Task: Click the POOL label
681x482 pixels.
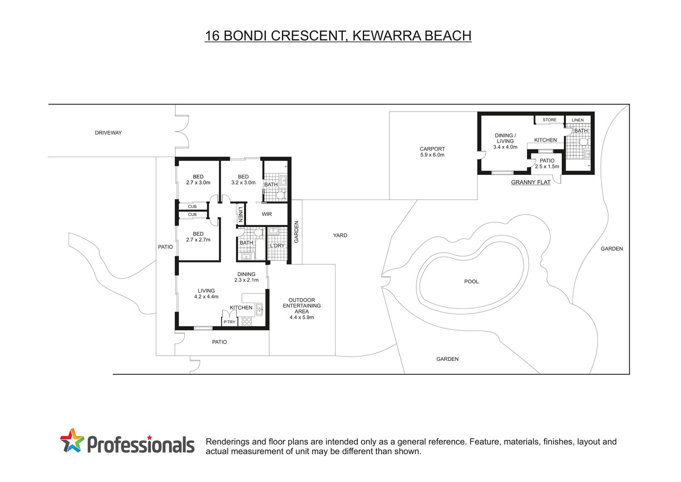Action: pyautogui.click(x=471, y=282)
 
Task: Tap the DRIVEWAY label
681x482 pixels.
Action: pyautogui.click(x=108, y=133)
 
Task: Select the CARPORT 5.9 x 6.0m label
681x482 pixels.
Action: pyautogui.click(x=432, y=152)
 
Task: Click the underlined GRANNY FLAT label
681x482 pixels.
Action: pyautogui.click(x=531, y=182)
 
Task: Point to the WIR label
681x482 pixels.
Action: pyautogui.click(x=266, y=214)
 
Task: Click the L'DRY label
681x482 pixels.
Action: pyautogui.click(x=277, y=246)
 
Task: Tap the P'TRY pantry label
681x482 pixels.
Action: pyautogui.click(x=230, y=322)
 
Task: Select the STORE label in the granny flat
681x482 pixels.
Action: pyautogui.click(x=549, y=120)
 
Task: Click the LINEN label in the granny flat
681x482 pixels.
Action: pyautogui.click(x=577, y=120)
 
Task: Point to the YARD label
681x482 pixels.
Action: pyautogui.click(x=340, y=235)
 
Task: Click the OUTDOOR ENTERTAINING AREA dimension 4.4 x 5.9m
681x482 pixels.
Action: pyautogui.click(x=301, y=318)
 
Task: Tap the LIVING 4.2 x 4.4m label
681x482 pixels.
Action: pyautogui.click(x=206, y=293)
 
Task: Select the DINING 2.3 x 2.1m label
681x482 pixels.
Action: pyautogui.click(x=246, y=277)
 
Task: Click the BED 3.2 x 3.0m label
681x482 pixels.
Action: pyautogui.click(x=243, y=179)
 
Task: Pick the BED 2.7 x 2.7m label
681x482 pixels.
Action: pyautogui.click(x=198, y=237)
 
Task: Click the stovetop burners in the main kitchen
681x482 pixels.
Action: pyautogui.click(x=247, y=322)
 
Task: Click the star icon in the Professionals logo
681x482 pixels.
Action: pyautogui.click(x=72, y=440)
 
